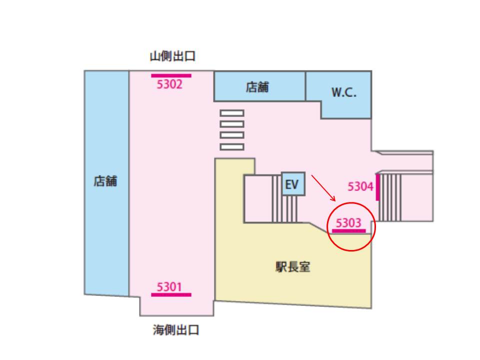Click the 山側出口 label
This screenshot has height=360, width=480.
pyautogui.click(x=172, y=56)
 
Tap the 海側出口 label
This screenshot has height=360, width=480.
pyautogui.click(x=176, y=330)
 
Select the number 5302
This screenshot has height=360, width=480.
pyautogui.click(x=170, y=84)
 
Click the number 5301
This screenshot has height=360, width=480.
pyautogui.click(x=169, y=287)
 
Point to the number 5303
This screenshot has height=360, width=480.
pyautogui.click(x=348, y=223)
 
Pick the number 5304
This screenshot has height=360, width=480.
pyautogui.click(x=360, y=186)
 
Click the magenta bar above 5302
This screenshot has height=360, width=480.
pyautogui.click(x=171, y=76)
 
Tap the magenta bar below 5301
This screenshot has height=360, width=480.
pyautogui.click(x=171, y=294)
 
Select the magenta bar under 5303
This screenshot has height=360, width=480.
pyautogui.click(x=348, y=231)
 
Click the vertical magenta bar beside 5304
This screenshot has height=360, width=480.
pyautogui.click(x=377, y=187)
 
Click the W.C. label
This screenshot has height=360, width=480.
pyautogui.click(x=344, y=93)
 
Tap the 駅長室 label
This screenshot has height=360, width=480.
pyautogui.click(x=293, y=267)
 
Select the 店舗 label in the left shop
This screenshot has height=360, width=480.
pyautogui.click(x=105, y=181)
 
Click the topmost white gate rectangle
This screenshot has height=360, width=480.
pyautogui.click(x=231, y=113)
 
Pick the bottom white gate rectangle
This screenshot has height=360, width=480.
pyautogui.click(x=231, y=147)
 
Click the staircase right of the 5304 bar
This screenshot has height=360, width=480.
pyautogui.click(x=390, y=197)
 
